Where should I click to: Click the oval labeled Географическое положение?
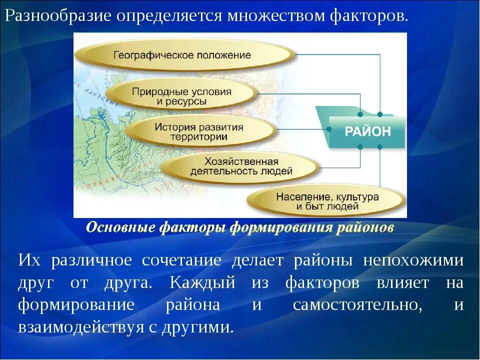tap(182, 55)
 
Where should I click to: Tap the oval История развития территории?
tap(199, 131)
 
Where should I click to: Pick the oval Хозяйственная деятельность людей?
tap(241, 166)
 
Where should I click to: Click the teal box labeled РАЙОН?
tap(367, 131)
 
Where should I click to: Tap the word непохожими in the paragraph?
tap(413, 260)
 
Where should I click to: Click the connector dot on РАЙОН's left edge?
tap(329, 129)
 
